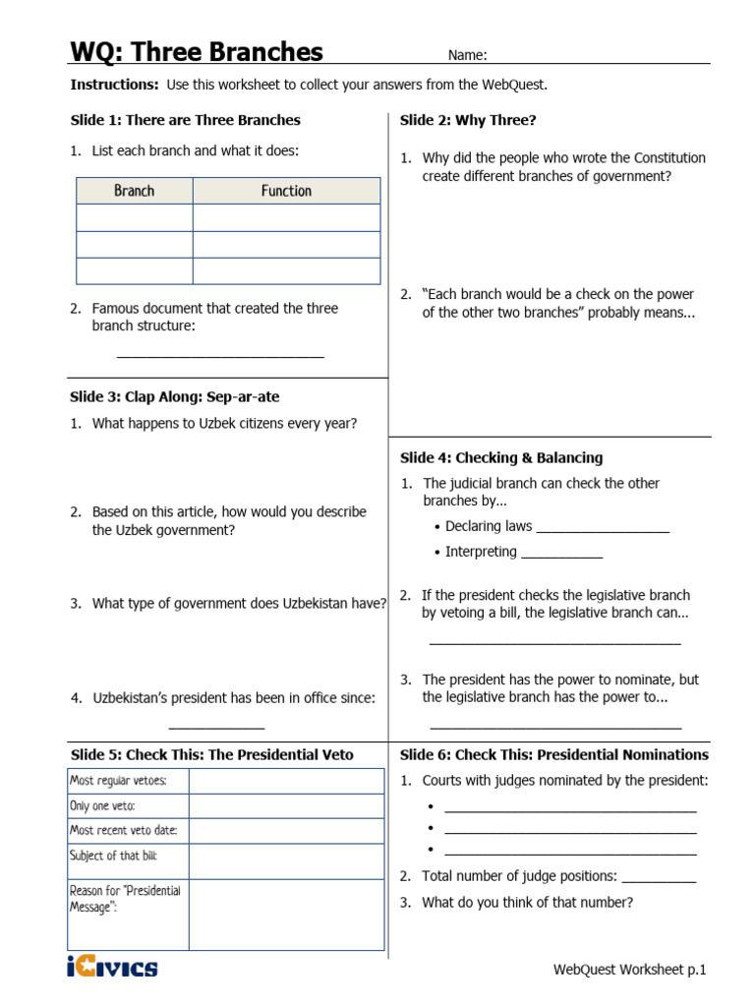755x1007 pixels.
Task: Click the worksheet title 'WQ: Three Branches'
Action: [x=196, y=51]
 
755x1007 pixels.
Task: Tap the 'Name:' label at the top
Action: [x=468, y=55]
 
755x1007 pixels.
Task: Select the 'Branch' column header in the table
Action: [x=135, y=191]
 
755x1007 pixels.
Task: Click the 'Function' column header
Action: [x=286, y=191]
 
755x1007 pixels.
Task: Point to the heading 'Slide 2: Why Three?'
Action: [x=468, y=120]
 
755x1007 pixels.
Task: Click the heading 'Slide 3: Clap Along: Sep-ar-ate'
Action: [x=175, y=397]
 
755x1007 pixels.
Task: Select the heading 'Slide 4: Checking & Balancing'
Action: [x=501, y=457]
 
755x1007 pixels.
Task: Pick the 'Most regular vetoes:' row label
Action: [x=118, y=781]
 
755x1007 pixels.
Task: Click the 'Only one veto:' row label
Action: [x=102, y=805]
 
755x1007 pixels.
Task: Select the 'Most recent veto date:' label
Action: [x=123, y=831]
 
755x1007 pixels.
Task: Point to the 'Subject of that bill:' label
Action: [x=113, y=857]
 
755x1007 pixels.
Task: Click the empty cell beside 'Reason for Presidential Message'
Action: [x=285, y=915]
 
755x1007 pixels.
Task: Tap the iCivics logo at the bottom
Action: [x=112, y=968]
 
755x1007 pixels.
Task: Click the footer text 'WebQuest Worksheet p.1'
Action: [x=629, y=970]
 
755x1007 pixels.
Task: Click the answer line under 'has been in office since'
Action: [x=216, y=727]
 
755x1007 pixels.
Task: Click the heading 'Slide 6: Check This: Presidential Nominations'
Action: [x=553, y=755]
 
